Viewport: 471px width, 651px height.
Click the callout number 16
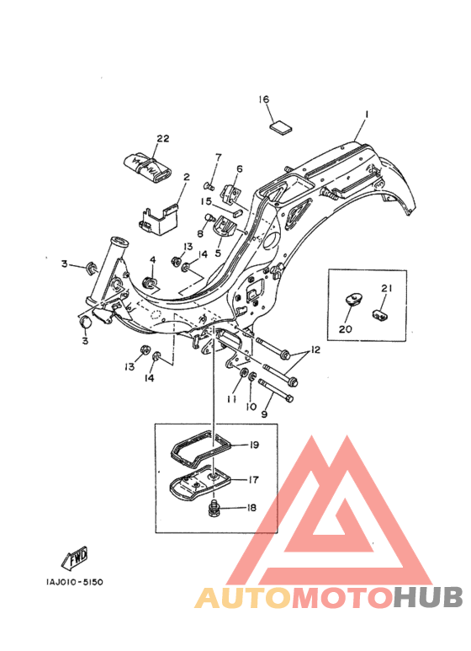264,99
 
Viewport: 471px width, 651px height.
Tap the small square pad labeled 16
281,126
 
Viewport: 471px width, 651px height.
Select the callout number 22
162,138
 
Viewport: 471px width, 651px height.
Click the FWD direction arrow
75,558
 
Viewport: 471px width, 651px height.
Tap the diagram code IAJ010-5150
75,582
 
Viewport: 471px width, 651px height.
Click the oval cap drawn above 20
353,298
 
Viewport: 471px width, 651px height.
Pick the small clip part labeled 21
381,314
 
